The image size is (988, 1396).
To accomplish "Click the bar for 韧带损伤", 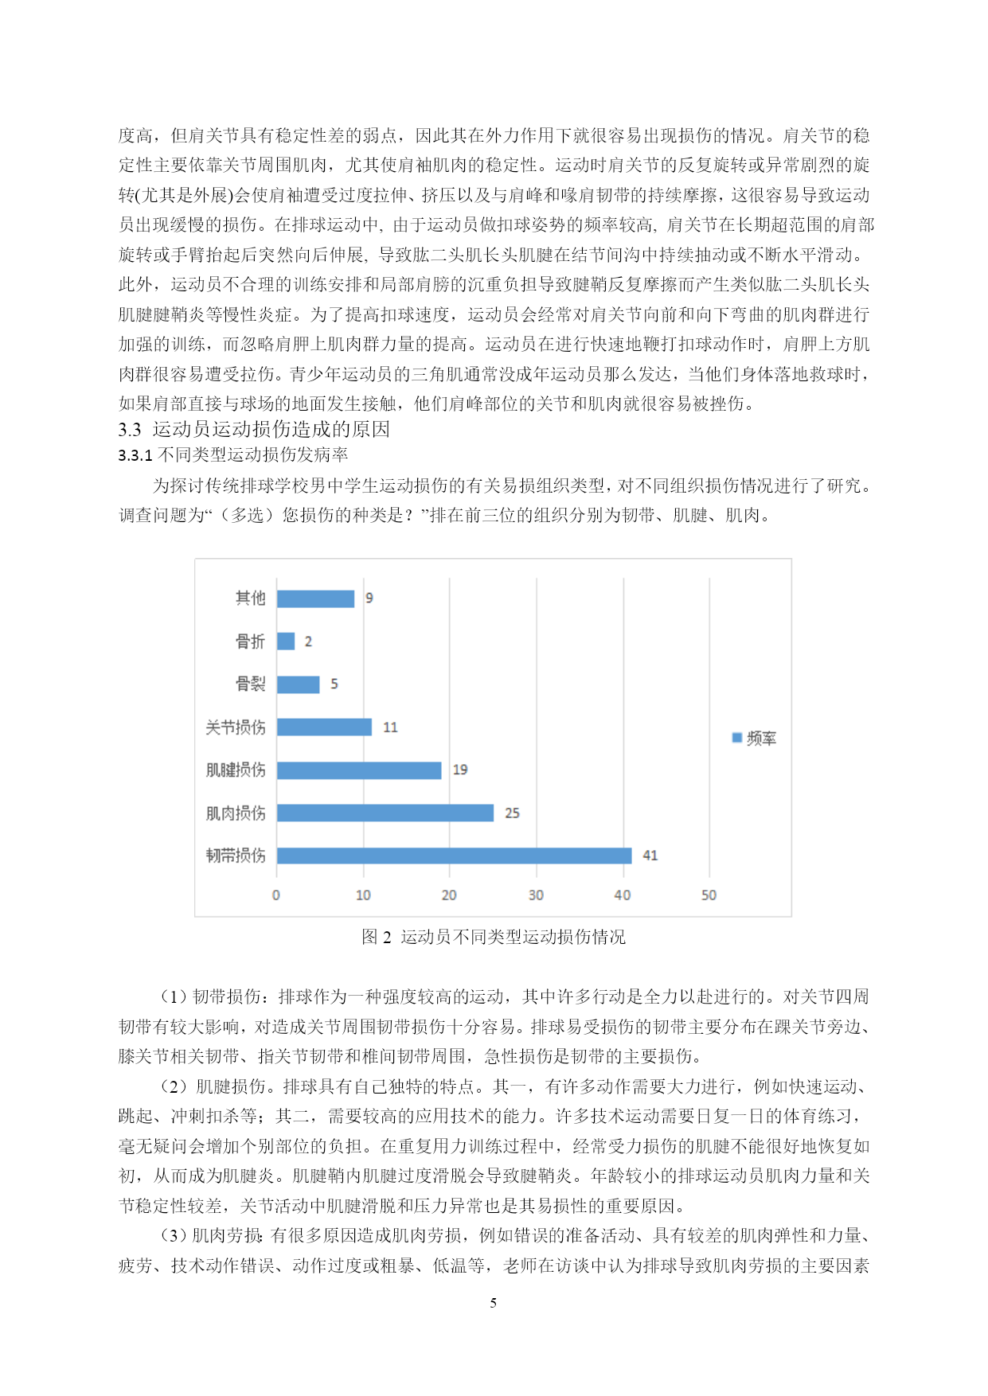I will click(x=454, y=856).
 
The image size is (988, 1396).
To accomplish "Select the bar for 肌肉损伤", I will click(x=385, y=813).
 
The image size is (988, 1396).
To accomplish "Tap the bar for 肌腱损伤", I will click(x=359, y=770).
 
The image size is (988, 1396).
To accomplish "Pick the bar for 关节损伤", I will click(x=324, y=727).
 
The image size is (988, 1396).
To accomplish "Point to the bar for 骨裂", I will click(x=298, y=684).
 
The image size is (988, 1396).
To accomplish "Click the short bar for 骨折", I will click(x=286, y=641).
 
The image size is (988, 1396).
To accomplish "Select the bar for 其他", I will click(x=315, y=598).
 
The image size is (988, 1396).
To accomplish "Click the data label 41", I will click(x=650, y=856).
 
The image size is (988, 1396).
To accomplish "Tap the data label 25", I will click(x=512, y=813).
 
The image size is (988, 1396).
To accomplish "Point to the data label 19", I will click(x=460, y=770).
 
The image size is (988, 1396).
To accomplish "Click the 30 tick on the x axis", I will click(x=536, y=895).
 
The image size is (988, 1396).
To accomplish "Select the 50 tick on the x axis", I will click(x=709, y=895).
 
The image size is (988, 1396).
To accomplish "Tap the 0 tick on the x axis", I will click(x=276, y=895).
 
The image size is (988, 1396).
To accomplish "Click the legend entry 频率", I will click(x=755, y=739).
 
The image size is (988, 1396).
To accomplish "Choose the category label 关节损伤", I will click(x=236, y=727).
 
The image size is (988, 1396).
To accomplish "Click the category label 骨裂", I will click(x=250, y=684).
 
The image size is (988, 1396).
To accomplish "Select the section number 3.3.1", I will click(x=135, y=455).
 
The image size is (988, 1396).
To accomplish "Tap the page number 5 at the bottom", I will click(x=494, y=1303).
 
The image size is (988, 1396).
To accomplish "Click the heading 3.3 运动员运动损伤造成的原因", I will click(x=254, y=429).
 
